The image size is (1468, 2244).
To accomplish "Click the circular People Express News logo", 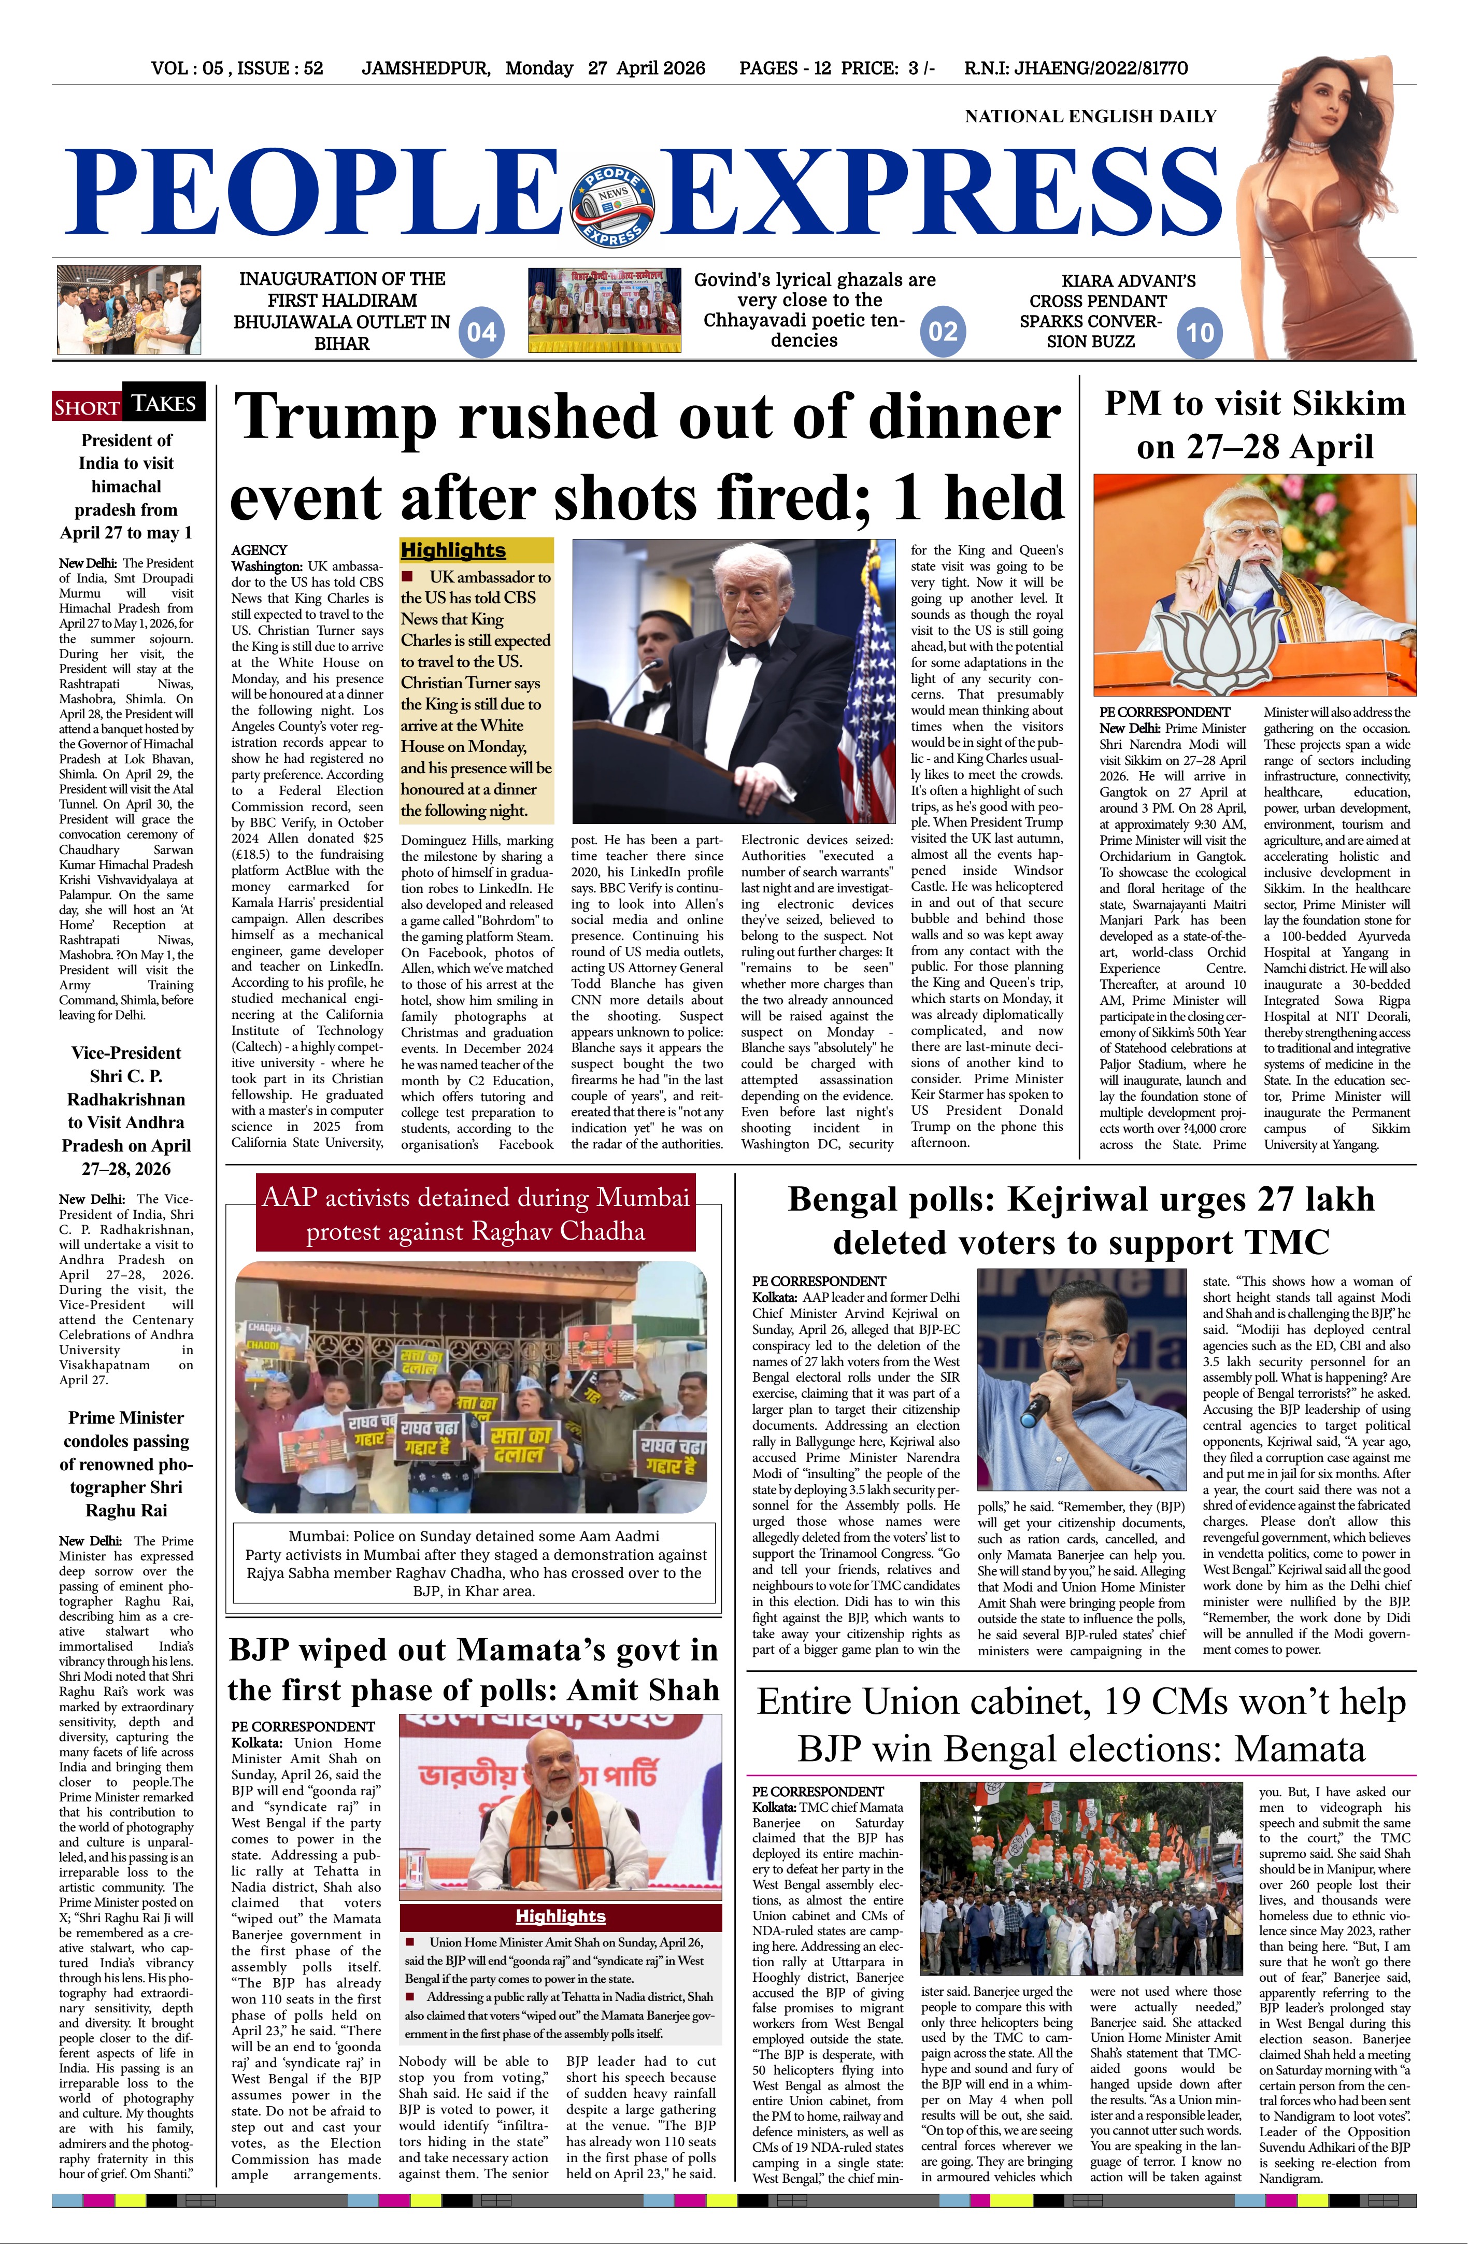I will tap(613, 206).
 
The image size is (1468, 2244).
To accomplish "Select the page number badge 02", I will tap(943, 331).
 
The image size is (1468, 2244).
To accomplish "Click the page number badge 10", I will tap(1199, 332).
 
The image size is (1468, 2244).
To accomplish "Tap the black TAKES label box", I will tap(164, 404).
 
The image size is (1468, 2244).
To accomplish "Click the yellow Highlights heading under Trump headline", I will tap(453, 550).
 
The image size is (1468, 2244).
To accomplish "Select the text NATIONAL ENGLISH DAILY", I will tap(1090, 116).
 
